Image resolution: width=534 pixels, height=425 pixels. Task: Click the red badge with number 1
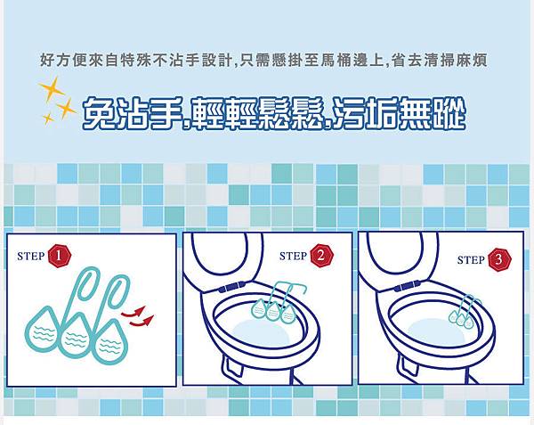[x=60, y=256]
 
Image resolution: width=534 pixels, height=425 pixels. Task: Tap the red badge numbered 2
[x=321, y=256]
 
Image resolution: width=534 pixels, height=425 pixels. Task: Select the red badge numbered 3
[x=499, y=259]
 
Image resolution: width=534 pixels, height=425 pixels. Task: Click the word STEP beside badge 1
[x=30, y=257]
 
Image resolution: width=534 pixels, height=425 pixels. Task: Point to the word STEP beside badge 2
[x=293, y=256]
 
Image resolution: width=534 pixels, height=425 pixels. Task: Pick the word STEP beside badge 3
[x=471, y=260]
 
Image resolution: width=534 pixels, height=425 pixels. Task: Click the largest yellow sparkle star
[x=52, y=88]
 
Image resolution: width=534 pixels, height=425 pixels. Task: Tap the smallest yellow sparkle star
[x=48, y=118]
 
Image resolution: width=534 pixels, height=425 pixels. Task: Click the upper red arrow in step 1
[x=133, y=312]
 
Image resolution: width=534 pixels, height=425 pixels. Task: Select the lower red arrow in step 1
[x=142, y=321]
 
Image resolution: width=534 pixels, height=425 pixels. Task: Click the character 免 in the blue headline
[x=99, y=113]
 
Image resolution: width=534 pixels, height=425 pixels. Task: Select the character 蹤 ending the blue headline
[x=449, y=113]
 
